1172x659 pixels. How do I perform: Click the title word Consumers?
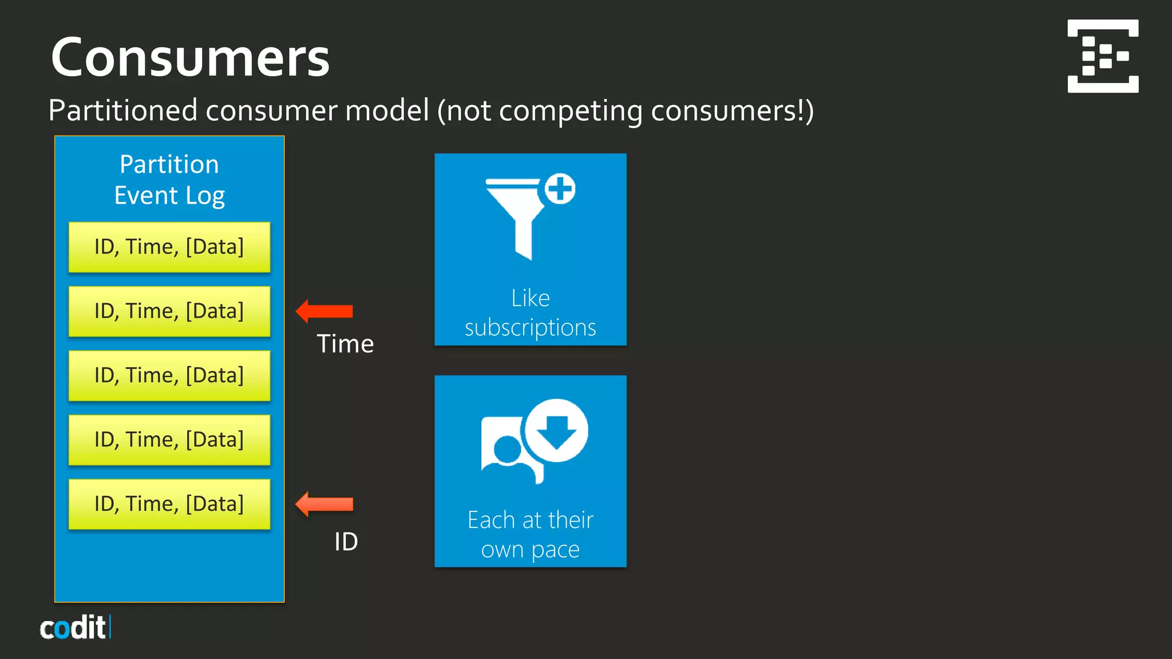coord(190,58)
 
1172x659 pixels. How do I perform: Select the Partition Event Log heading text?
coord(169,180)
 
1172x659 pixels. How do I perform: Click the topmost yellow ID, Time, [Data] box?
coord(169,247)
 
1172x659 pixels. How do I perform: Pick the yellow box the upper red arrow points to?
coord(169,311)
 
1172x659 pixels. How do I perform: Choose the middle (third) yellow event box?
coord(169,375)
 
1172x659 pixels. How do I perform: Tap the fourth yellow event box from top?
coord(169,439)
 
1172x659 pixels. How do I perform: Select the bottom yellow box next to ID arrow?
coord(169,504)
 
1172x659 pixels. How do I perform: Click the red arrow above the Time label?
coord(324,311)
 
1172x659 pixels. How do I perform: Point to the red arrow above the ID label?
coord(324,504)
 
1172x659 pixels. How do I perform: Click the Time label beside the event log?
coord(345,344)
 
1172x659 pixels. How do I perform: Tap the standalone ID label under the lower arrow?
coord(346,541)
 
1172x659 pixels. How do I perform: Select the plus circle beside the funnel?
coord(560,189)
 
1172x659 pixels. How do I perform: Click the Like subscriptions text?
coord(530,313)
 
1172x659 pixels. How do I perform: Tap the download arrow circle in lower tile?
coord(556,431)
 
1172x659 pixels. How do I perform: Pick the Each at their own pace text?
coord(530,534)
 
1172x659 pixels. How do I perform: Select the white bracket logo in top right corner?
coord(1103,56)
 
